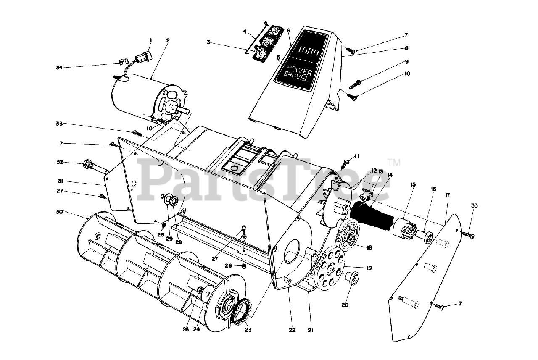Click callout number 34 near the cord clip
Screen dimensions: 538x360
point(59,67)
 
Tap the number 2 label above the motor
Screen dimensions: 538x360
point(168,41)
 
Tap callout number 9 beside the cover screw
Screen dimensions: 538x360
point(406,61)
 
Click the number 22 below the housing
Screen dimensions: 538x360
point(293,330)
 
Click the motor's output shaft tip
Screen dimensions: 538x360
point(185,110)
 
